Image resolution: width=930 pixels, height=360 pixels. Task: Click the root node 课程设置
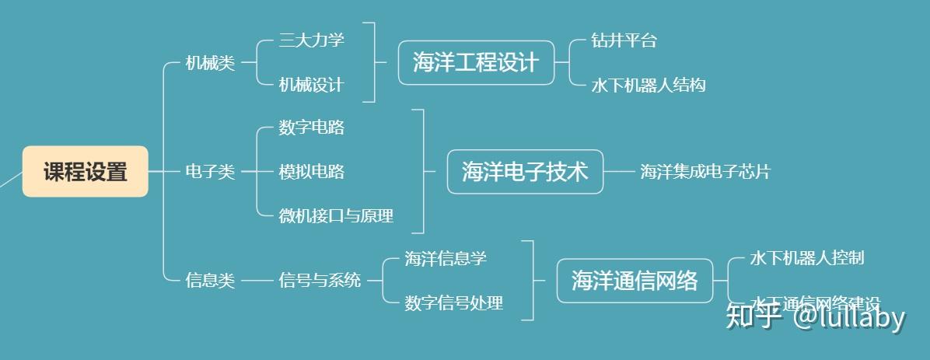click(x=85, y=171)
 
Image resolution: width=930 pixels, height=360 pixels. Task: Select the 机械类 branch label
click(x=210, y=63)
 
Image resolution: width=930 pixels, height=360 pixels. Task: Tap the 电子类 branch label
click(x=210, y=172)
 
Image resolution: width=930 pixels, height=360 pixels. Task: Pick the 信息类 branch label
click(x=210, y=280)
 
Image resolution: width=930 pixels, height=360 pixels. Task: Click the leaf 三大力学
click(x=311, y=40)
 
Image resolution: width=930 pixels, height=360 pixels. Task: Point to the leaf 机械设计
click(x=311, y=84)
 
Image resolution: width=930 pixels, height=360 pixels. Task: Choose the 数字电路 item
click(x=311, y=128)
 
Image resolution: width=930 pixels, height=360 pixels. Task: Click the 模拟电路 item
click(x=311, y=172)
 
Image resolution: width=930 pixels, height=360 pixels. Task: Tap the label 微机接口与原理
click(x=336, y=215)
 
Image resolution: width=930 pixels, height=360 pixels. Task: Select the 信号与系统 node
click(x=320, y=280)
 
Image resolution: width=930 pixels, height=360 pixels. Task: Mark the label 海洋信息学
click(x=446, y=258)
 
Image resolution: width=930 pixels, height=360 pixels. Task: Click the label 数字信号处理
click(x=454, y=302)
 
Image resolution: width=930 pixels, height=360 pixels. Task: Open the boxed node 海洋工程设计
click(x=476, y=62)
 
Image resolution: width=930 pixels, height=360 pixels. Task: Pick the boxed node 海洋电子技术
click(x=525, y=171)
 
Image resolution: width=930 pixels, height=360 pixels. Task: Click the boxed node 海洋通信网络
click(x=635, y=280)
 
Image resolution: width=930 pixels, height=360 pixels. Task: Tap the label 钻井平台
click(x=624, y=40)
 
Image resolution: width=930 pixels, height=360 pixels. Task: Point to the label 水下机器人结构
click(x=649, y=85)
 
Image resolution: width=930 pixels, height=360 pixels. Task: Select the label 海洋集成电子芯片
click(x=705, y=172)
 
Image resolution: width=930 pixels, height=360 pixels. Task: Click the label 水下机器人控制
click(x=806, y=257)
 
